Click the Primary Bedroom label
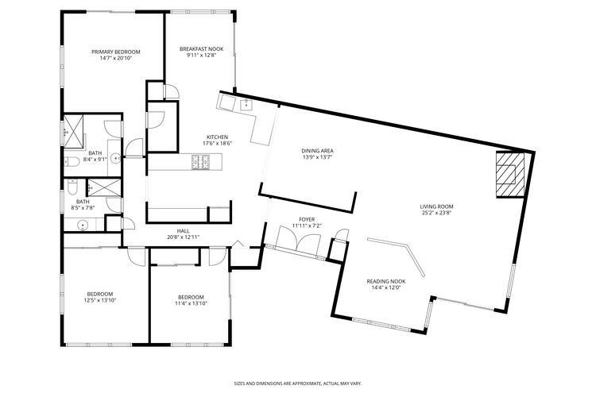115,52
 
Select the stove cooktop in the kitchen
200,162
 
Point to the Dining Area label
316,150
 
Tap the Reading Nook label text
385,281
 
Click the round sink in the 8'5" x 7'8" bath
82,225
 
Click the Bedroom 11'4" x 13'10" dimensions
191,303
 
